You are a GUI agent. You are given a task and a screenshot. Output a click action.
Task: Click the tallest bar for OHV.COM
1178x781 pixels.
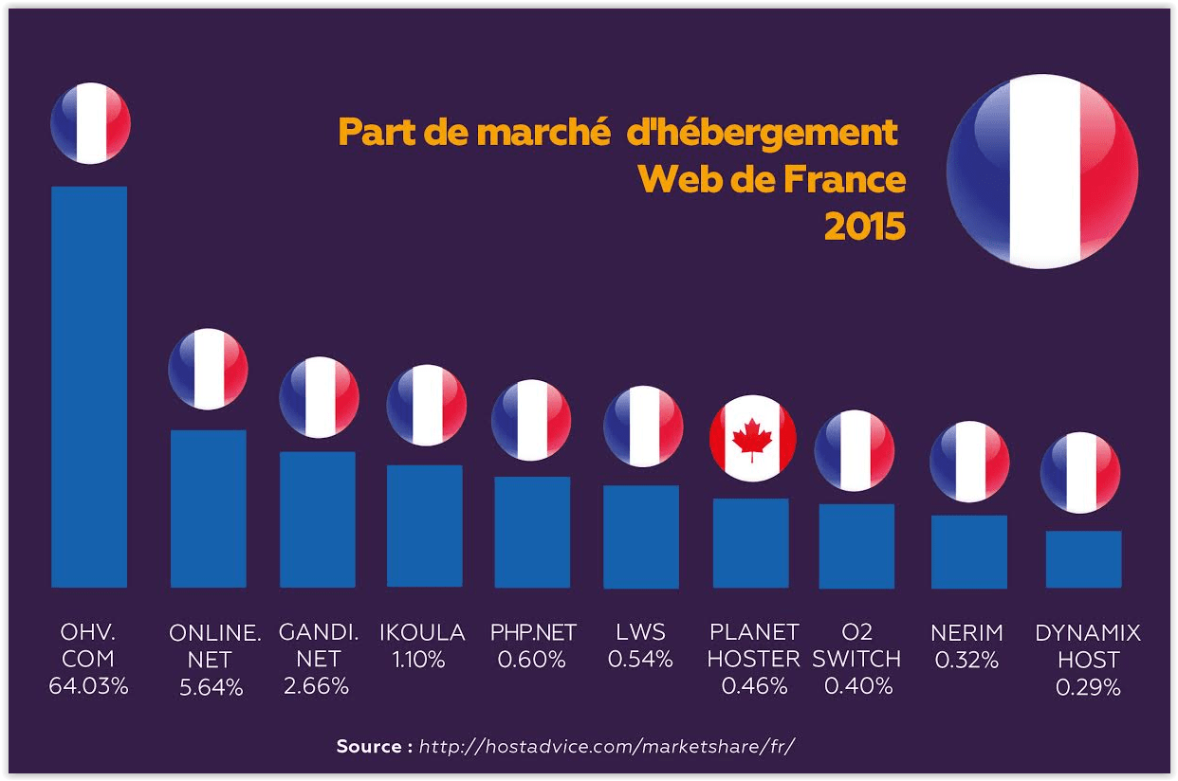[x=88, y=387]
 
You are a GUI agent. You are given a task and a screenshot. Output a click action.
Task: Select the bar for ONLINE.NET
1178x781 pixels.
[x=208, y=509]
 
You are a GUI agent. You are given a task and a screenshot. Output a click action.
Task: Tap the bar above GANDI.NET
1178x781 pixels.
[x=318, y=519]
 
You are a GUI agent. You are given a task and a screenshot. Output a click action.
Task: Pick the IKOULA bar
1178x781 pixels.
[x=425, y=526]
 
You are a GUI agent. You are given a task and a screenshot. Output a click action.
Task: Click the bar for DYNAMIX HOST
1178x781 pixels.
[x=1083, y=559]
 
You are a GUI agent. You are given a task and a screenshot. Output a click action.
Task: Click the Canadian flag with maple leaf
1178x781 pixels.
[x=753, y=438]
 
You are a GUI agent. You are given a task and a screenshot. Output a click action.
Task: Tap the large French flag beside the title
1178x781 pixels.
[x=1041, y=172]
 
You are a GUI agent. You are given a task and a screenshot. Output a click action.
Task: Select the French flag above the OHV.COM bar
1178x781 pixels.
[x=90, y=123]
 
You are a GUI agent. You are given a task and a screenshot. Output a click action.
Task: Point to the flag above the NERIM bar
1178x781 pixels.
[x=968, y=462]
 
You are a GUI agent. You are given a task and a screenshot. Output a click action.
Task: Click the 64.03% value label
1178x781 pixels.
[x=88, y=686]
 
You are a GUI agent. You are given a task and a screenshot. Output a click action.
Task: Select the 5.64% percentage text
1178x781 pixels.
[x=212, y=688]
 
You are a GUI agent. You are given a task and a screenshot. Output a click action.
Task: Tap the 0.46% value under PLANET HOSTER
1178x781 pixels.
[x=754, y=686]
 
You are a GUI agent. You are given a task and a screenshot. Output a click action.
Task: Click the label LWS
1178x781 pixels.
[x=640, y=632]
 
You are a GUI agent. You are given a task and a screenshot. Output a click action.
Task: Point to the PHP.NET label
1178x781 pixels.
[x=533, y=632]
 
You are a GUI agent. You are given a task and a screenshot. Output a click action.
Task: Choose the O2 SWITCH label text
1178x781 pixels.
[x=856, y=645]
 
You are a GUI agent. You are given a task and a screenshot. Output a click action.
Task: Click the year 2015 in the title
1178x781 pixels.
[x=864, y=227]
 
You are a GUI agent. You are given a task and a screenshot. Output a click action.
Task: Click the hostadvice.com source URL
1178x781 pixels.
[x=606, y=746]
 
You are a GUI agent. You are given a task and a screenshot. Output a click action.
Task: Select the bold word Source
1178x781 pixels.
[x=369, y=746]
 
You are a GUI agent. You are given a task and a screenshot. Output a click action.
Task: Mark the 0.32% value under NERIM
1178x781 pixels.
[x=966, y=661]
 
